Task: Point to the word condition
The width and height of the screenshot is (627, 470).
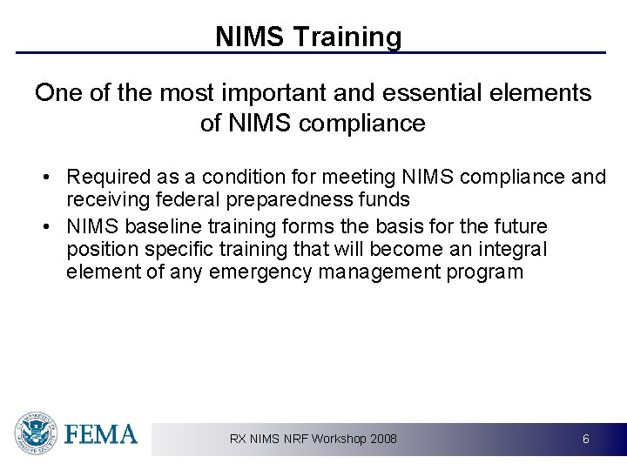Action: (230, 177)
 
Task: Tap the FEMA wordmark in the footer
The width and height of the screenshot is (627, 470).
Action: (101, 433)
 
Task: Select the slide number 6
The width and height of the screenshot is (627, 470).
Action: (586, 439)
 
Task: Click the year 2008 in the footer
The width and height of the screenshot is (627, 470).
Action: (383, 439)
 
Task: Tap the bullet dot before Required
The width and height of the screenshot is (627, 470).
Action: (46, 178)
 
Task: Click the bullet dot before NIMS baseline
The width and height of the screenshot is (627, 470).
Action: (46, 227)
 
